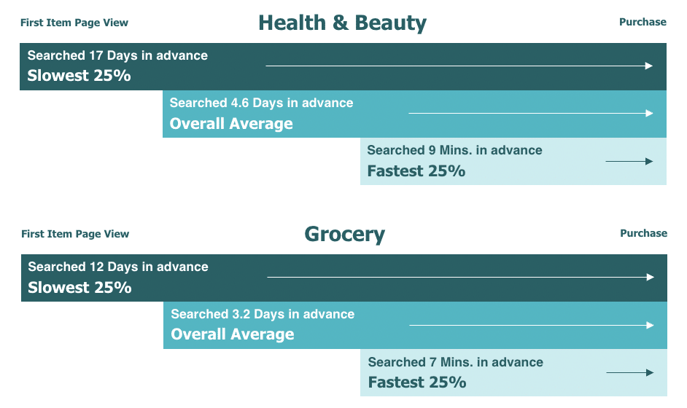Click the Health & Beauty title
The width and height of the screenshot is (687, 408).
coord(342,23)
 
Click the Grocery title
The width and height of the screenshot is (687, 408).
coord(345,234)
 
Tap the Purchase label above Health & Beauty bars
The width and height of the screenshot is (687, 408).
coord(643,22)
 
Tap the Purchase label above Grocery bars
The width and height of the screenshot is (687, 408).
coord(643,233)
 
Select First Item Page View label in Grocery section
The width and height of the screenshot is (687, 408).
coord(75,234)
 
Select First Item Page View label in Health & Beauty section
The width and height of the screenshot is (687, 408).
coord(74,23)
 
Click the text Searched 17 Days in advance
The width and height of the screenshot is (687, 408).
coord(117,55)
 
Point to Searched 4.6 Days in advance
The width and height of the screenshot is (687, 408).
coord(261,103)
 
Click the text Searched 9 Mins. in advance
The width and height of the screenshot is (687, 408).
coord(454,150)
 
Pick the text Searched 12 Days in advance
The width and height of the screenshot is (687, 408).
coord(118,267)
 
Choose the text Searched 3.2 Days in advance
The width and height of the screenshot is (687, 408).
coord(263,314)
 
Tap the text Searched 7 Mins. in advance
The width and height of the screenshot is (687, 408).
coord(455,362)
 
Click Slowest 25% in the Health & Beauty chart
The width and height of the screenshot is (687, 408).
coord(79,76)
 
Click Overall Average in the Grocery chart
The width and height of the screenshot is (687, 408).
coord(232,334)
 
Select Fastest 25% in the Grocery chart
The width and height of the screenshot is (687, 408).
coord(416,382)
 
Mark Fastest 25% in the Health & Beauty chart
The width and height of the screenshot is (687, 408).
coord(416,171)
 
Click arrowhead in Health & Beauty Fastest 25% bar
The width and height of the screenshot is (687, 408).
coord(649,162)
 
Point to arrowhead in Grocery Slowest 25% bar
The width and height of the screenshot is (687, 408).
coord(651,277)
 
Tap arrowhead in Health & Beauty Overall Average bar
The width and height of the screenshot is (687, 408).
coord(649,114)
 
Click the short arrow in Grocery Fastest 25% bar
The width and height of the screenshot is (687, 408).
coord(629,373)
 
